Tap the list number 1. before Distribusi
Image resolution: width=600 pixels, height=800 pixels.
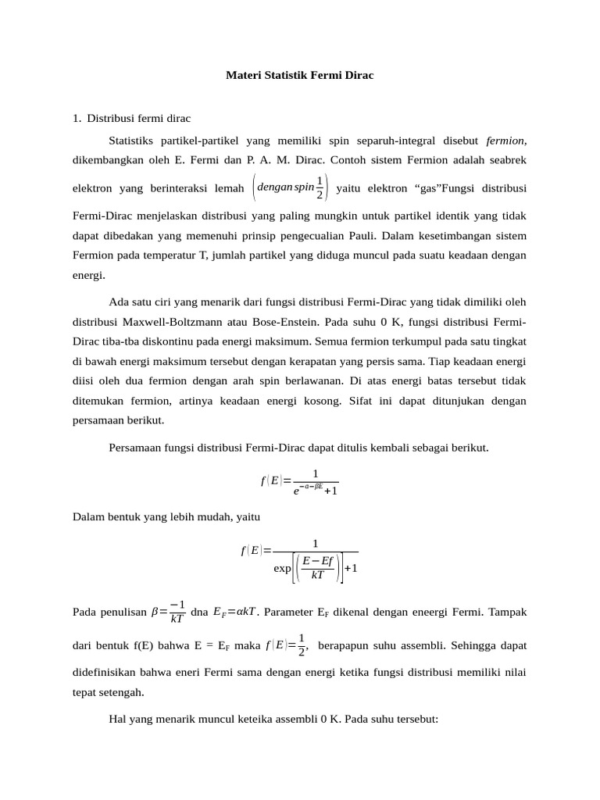pos(77,119)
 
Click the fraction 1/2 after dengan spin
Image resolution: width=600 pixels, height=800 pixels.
pos(320,187)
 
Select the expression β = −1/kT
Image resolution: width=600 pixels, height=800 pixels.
pos(167,612)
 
